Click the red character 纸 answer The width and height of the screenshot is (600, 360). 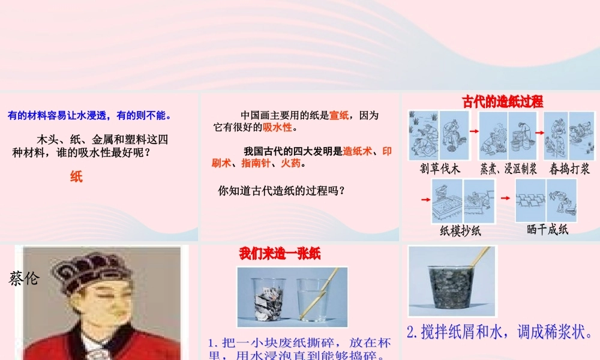[76, 176]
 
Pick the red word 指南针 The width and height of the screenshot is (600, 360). [255, 163]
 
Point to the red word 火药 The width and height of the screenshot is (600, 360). [292, 163]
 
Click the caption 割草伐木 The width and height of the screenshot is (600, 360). [440, 169]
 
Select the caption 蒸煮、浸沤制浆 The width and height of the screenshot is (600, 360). [508, 169]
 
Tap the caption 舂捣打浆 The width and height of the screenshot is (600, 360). [569, 169]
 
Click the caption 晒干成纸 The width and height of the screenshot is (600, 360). [547, 229]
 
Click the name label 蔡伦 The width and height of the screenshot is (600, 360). [24, 278]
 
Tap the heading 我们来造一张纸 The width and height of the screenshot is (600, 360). [280, 254]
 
